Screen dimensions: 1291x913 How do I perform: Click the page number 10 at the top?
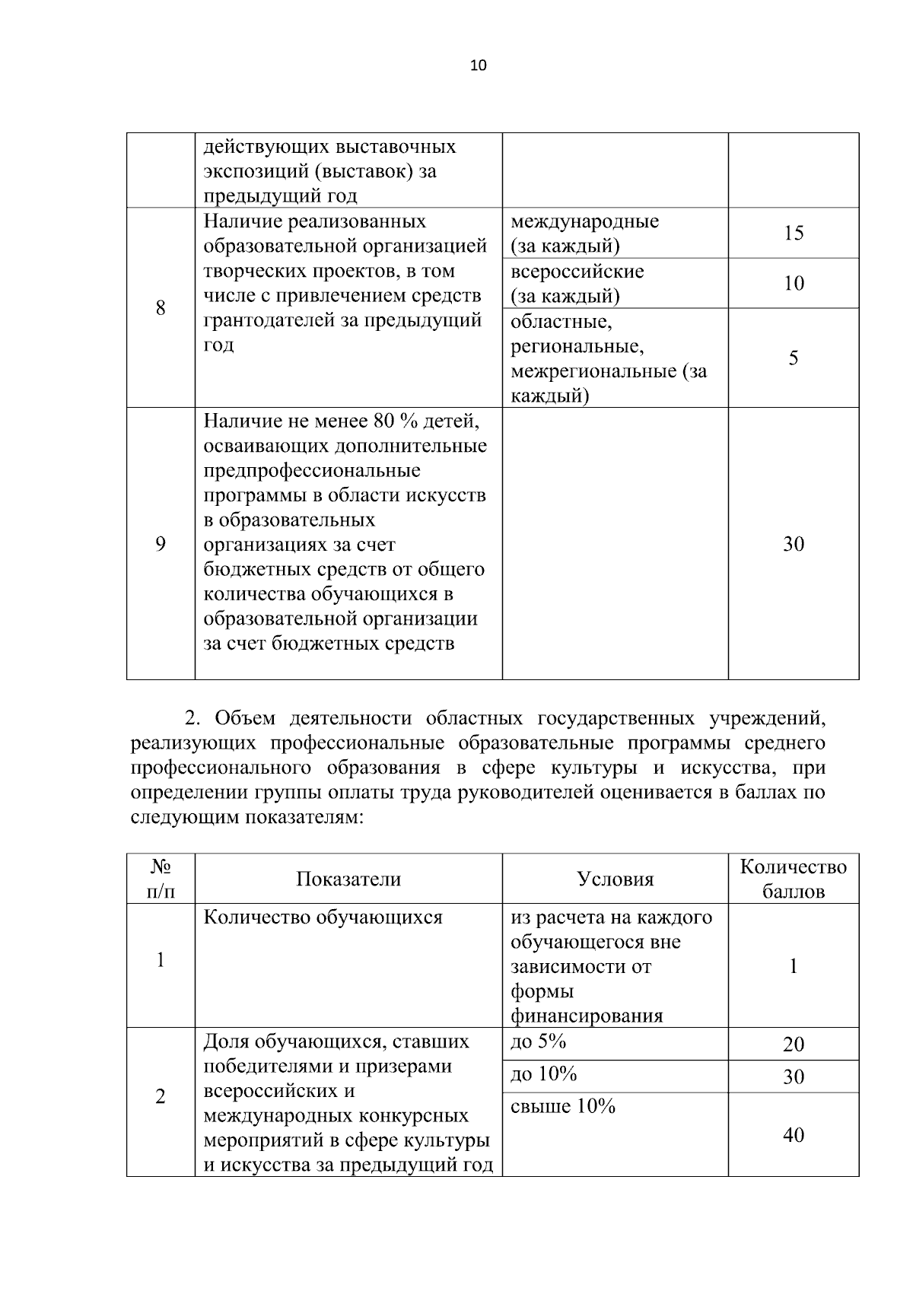point(478,65)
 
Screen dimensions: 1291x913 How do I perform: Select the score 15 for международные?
point(794,233)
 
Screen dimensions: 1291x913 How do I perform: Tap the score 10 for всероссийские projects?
point(794,284)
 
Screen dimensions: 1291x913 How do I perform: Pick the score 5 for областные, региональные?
point(794,358)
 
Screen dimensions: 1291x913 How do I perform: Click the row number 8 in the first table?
point(161,308)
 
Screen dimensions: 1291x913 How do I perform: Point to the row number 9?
point(161,544)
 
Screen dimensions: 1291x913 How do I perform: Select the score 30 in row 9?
point(794,544)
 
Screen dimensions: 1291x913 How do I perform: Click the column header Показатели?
point(348,879)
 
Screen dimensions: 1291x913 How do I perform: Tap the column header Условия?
point(615,879)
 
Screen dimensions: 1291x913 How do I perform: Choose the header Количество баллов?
point(794,879)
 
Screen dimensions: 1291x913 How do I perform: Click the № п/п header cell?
point(161,879)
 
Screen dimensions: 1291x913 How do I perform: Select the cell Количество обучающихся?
point(323,917)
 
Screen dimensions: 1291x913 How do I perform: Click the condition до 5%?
point(538,1041)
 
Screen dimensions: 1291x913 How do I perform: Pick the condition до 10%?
point(543,1074)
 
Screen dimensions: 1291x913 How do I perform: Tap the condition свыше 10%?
point(562,1107)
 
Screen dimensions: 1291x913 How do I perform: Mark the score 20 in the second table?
point(794,1045)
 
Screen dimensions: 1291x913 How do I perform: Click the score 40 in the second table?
point(794,1135)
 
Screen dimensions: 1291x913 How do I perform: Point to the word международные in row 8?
point(584,222)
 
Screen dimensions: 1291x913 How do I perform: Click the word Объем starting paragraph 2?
point(244,718)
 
